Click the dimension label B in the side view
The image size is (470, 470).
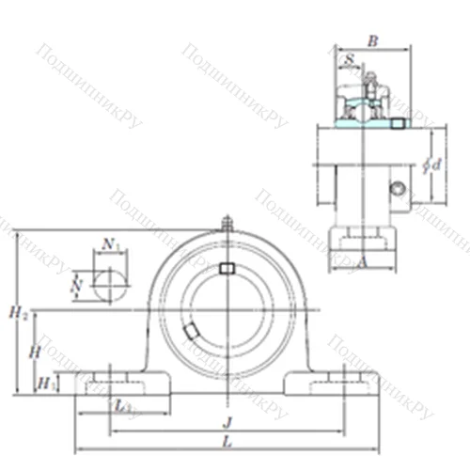[373, 40]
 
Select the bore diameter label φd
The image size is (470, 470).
[434, 164]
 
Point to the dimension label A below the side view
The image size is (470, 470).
[363, 264]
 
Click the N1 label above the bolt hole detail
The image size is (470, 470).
[112, 244]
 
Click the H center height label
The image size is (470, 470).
[32, 350]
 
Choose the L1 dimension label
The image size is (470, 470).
[122, 405]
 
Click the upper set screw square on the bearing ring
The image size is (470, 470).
[226, 270]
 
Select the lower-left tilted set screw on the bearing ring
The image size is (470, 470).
[191, 331]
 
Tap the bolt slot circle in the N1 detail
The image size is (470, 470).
[112, 283]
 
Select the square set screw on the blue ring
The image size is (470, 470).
[399, 123]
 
